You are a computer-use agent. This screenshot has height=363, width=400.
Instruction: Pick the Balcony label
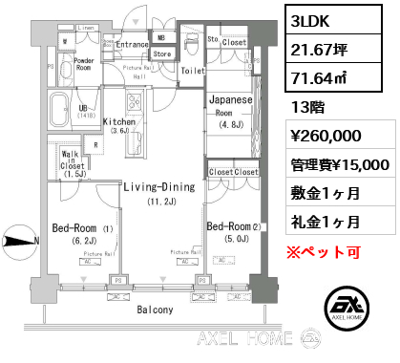point(154,310)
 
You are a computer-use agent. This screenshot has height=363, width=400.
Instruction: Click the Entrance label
point(132,44)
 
